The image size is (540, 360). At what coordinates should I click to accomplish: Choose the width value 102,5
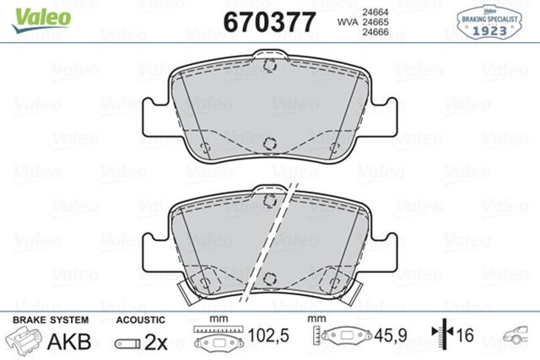(x=272, y=336)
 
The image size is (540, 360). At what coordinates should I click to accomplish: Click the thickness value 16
(x=465, y=336)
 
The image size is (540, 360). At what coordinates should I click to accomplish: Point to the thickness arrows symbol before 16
(x=440, y=336)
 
